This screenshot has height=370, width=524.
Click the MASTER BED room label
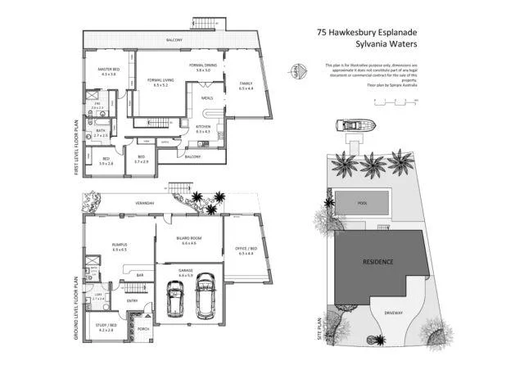coord(109,70)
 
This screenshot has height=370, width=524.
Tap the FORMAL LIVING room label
coord(160,79)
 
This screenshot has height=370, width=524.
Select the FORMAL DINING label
coord(203,65)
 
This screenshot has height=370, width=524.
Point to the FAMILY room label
coord(246,83)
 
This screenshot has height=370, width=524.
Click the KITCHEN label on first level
coord(203,127)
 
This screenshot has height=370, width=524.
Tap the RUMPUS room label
coord(120,244)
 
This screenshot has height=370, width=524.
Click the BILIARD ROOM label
coord(188,239)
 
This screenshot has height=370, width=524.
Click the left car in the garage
coord(174,300)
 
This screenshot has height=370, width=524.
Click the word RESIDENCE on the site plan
coord(378,262)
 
